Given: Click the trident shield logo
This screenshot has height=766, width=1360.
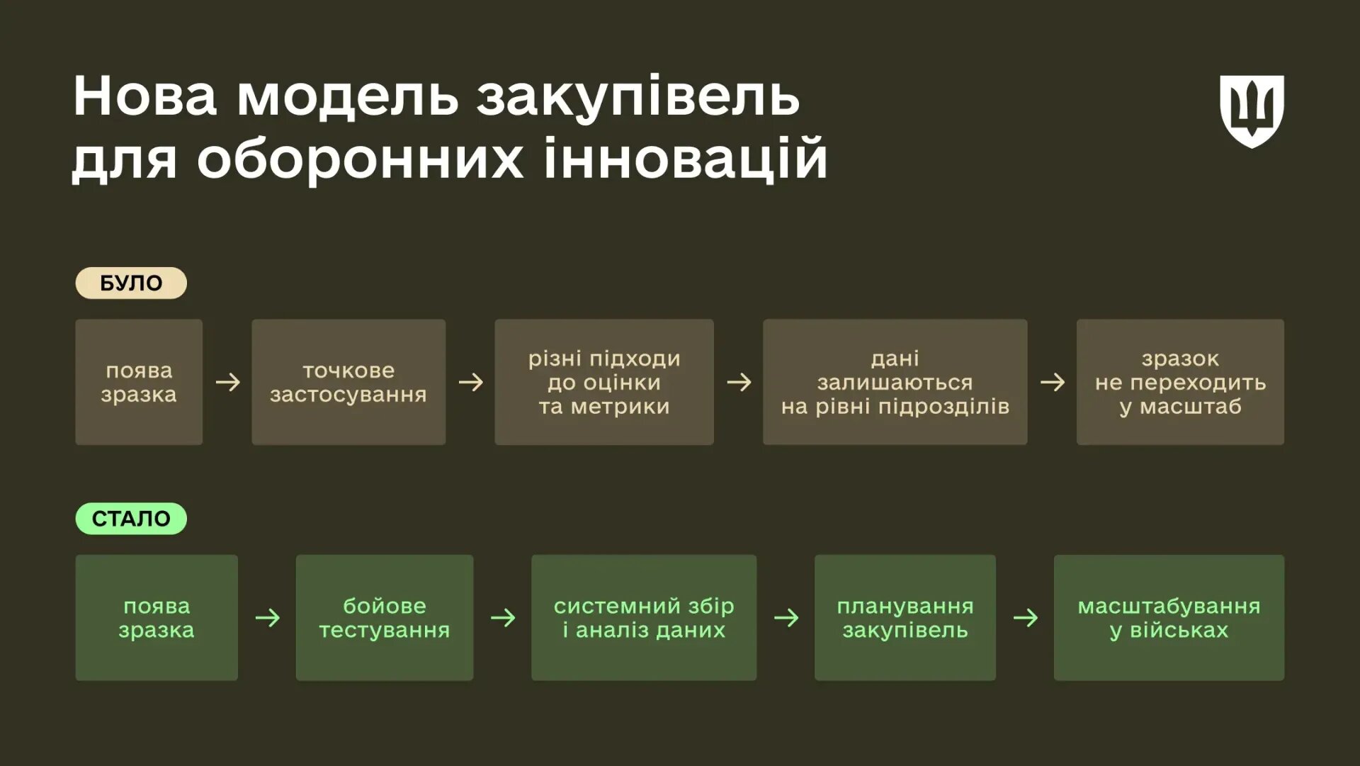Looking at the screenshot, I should point(1252,111).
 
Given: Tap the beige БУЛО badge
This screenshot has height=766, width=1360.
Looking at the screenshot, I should point(131,283).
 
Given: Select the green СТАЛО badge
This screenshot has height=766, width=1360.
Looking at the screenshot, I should point(131,519).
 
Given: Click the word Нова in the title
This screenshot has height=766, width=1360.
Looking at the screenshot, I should point(144,96).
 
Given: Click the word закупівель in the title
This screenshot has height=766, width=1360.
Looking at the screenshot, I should point(637,98).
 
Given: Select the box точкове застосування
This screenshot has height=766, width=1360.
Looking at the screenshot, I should point(348,382).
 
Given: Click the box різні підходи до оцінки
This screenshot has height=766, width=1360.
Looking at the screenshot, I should point(603,382).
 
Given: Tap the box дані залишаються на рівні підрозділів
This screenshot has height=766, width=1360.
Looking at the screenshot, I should point(895,382).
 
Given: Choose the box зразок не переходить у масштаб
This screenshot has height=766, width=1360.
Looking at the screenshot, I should point(1180,382).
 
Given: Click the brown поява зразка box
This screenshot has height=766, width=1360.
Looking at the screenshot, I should point(139,382).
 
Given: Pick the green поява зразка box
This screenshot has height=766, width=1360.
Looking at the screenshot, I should point(157,618).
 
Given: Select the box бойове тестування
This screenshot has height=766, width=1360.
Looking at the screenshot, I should point(385,618).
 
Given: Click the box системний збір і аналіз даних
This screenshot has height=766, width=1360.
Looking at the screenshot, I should point(643,618).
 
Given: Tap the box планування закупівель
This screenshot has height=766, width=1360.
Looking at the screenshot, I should point(905,618).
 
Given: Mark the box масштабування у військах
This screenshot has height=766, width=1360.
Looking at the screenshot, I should point(1169,618).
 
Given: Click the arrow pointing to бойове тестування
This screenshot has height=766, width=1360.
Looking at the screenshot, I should point(267,618).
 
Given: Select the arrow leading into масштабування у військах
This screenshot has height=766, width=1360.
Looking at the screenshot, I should point(1025,618).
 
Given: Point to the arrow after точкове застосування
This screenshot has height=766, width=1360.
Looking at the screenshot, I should point(470,383).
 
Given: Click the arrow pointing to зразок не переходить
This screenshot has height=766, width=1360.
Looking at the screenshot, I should point(1052,383).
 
